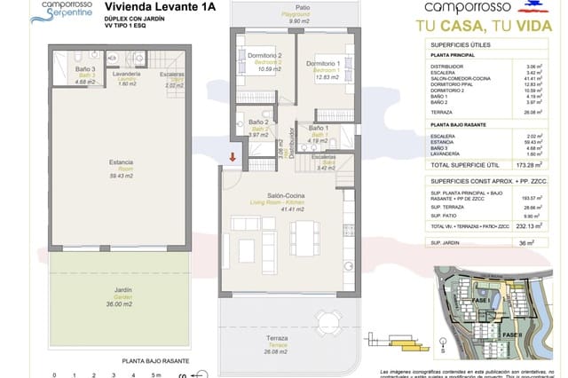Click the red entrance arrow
(233, 158)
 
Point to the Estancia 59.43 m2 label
(122, 167)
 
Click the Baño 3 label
(85, 73)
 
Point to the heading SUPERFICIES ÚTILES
(462, 43)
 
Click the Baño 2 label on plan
(258, 125)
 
